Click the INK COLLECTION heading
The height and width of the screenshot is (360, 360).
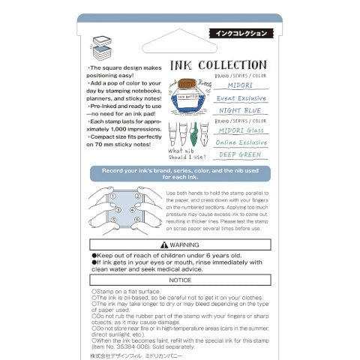click(218, 65)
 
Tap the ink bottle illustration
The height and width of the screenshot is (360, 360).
click(184, 94)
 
